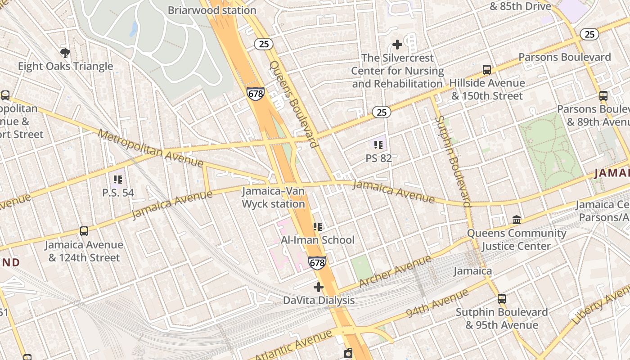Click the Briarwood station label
[x=212, y=10]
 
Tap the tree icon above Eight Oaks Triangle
[x=65, y=53]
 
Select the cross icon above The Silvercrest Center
[x=397, y=44]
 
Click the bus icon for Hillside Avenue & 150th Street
[x=487, y=70]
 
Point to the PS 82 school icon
[x=378, y=145]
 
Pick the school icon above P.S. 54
[x=118, y=180]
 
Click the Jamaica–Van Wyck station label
[x=274, y=198]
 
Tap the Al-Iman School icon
[x=318, y=227]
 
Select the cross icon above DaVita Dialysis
[x=319, y=287]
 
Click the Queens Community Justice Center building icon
[x=517, y=220]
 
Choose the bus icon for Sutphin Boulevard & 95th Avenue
[x=501, y=299]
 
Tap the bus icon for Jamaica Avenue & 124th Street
[x=84, y=231]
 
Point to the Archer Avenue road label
[x=396, y=272]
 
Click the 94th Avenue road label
[x=437, y=304]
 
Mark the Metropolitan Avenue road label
[x=150, y=148]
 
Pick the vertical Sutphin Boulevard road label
[x=453, y=161]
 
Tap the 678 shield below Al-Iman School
[x=317, y=263]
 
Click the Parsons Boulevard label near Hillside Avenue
[x=565, y=57]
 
